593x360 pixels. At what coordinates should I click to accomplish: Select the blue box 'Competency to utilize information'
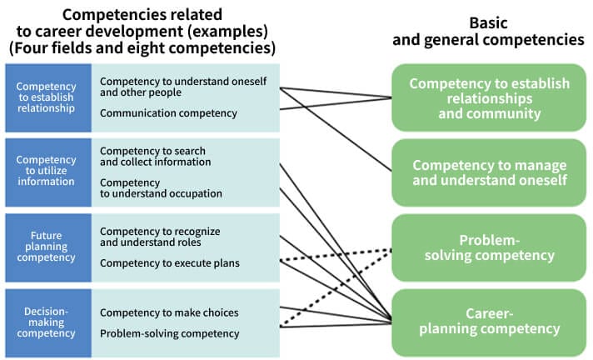coord(46,172)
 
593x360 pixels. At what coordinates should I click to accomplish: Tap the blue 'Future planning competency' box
coord(46,246)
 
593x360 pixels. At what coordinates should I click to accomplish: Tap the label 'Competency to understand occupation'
coord(161,187)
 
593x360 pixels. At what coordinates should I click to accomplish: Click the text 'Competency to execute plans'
coord(169,263)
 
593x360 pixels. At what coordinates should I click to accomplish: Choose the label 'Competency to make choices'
coord(169,312)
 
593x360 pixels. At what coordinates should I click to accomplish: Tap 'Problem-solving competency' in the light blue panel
coord(169,333)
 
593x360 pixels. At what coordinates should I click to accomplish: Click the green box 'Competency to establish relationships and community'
coord(489,98)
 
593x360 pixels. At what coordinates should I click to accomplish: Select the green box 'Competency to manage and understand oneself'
coord(489,172)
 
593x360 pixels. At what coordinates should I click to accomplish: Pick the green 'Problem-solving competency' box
coord(489,247)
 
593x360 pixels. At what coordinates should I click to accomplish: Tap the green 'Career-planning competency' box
coord(489,321)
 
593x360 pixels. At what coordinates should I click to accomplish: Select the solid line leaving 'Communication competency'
coord(333,103)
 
